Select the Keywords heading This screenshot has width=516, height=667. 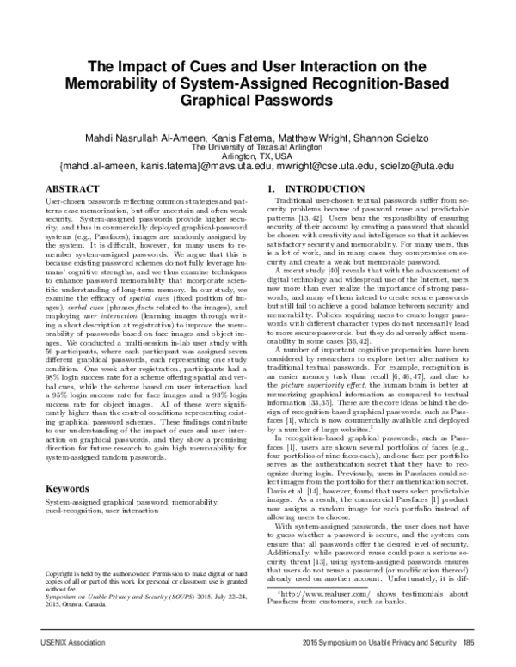pyautogui.click(x=69, y=489)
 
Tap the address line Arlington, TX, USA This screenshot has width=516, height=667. pyautogui.click(x=257, y=155)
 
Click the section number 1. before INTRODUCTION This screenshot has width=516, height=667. pyautogui.click(x=272, y=187)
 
